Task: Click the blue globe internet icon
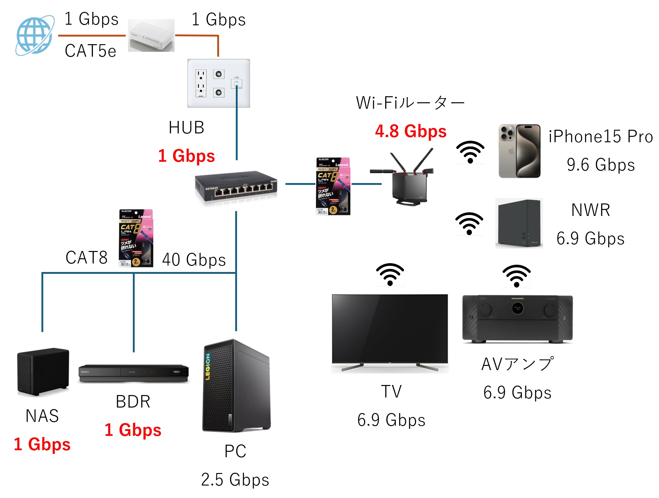tap(35, 35)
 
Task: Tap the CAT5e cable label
tap(90, 51)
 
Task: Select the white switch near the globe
tap(151, 36)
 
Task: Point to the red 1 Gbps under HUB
tap(186, 156)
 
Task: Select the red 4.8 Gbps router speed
tap(411, 131)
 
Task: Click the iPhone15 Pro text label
tap(601, 136)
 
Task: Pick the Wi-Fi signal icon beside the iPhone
tap(470, 152)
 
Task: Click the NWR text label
tap(591, 210)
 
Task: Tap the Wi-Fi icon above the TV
tap(390, 274)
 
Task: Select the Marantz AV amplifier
tap(517, 319)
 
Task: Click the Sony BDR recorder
tap(134, 373)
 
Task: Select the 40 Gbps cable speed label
tap(194, 260)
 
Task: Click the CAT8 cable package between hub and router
tap(333, 186)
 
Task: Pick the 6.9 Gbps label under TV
tap(391, 420)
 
